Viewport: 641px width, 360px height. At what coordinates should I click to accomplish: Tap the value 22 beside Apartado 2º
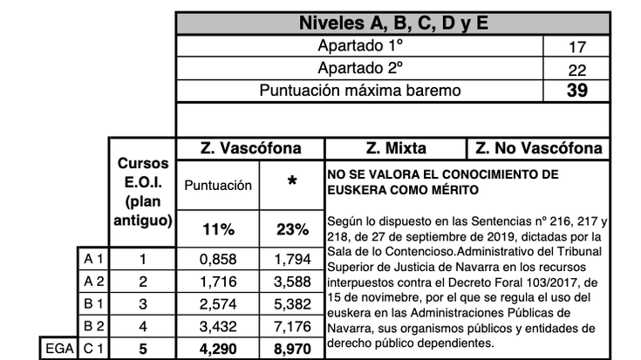pyautogui.click(x=576, y=70)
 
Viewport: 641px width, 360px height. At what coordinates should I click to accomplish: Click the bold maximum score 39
pyautogui.click(x=576, y=91)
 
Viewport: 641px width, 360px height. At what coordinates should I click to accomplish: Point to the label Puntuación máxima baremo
pyautogui.click(x=359, y=91)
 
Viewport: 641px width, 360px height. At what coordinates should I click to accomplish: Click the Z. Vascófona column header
pyautogui.click(x=250, y=148)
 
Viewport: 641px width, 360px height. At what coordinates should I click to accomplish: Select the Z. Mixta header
pyautogui.click(x=395, y=148)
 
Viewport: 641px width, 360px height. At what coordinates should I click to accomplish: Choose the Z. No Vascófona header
pyautogui.click(x=538, y=148)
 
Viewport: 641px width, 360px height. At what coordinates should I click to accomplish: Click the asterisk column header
pyautogui.click(x=292, y=184)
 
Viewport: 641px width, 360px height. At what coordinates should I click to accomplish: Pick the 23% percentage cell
pyautogui.click(x=292, y=230)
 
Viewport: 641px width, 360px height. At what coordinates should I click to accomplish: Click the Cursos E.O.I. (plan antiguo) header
pyautogui.click(x=143, y=192)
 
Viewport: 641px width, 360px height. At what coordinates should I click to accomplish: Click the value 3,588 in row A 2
pyautogui.click(x=292, y=281)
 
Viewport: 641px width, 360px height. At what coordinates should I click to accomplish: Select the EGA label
pyautogui.click(x=57, y=348)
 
